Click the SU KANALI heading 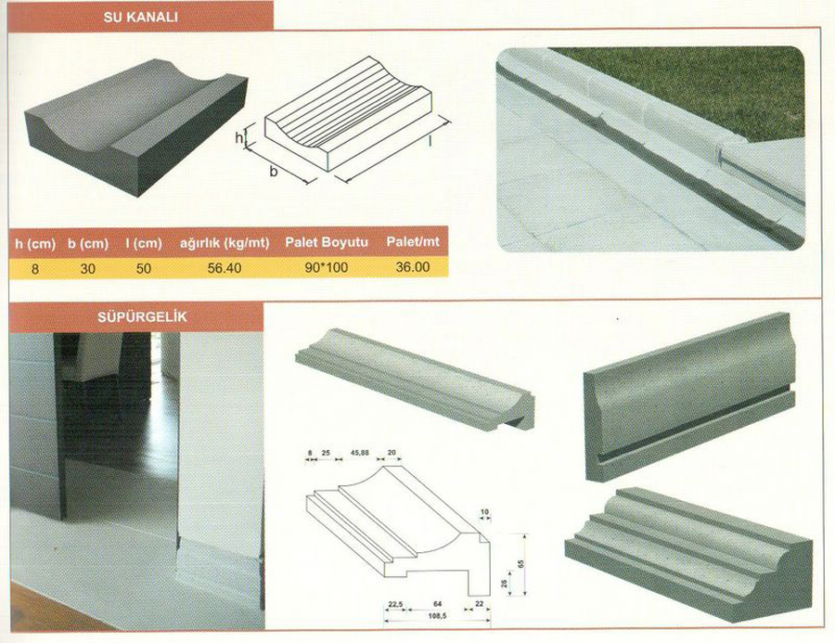tap(141, 17)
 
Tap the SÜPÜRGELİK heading tap(142, 317)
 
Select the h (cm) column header tap(35, 244)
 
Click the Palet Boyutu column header tap(327, 242)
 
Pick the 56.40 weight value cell tap(225, 268)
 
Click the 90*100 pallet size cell tap(326, 267)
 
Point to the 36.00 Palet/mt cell tap(412, 267)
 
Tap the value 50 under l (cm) tap(143, 268)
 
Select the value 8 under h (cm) tap(35, 269)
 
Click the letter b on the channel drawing tap(273, 172)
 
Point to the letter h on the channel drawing tap(239, 138)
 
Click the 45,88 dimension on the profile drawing tap(359, 453)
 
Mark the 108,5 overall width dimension tap(437, 616)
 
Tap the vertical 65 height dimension tap(520, 563)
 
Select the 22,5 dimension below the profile tap(395, 604)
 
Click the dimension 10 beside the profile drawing tap(484, 512)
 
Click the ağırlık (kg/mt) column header tap(225, 243)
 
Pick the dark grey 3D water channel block tap(136, 128)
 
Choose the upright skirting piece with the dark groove tap(689, 397)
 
